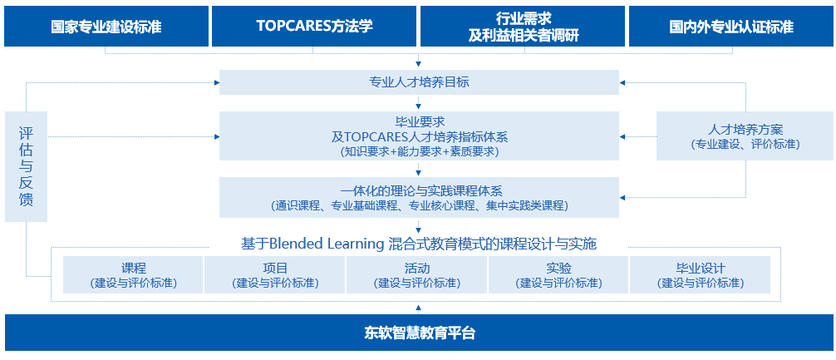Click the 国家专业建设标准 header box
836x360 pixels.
tap(106, 27)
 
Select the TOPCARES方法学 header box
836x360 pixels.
tap(314, 27)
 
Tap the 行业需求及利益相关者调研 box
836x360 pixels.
tap(523, 27)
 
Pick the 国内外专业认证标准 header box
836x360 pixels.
tap(731, 27)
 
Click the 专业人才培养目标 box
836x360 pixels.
tap(419, 82)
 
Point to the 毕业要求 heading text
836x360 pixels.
tap(419, 122)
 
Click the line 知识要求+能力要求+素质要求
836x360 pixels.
tap(419, 151)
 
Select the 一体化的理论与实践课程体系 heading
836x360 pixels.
tap(419, 191)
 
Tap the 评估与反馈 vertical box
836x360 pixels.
tap(26, 166)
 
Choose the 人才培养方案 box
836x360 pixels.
tap(745, 136)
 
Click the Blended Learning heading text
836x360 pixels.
tap(419, 244)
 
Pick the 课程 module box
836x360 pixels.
tap(133, 274)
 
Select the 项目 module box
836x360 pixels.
tap(275, 274)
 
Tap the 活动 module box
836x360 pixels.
tap(417, 274)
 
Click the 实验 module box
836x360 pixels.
tap(558, 274)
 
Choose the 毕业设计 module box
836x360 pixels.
tap(700, 274)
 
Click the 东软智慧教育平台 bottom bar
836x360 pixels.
tap(419, 333)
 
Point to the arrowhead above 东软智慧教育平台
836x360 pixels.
tap(419, 308)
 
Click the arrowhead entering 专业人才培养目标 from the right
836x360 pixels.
tap(622, 82)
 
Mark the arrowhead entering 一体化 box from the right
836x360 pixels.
tap(622, 197)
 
